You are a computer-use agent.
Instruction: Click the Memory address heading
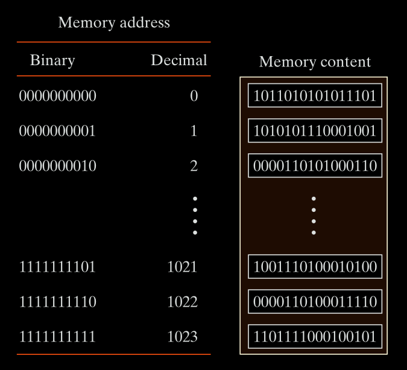(114, 24)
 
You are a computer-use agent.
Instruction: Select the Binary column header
(52, 60)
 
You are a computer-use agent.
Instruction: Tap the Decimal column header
(179, 60)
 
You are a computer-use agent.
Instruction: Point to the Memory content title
(315, 62)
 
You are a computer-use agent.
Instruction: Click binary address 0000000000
(57, 96)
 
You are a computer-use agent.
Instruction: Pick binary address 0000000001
(57, 131)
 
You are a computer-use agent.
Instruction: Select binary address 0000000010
(57, 166)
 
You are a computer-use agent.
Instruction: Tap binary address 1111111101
(57, 267)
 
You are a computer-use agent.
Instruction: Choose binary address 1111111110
(57, 302)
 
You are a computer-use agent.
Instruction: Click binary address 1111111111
(57, 337)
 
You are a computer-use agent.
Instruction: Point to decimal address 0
(194, 96)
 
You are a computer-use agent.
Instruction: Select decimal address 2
(194, 166)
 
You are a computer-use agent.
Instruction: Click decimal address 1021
(182, 267)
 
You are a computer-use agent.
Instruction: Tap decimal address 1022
(182, 302)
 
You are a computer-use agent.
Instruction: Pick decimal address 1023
(182, 337)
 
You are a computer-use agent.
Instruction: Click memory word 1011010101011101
(315, 96)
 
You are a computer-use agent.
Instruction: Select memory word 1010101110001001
(315, 131)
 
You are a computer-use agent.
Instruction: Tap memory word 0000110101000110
(315, 166)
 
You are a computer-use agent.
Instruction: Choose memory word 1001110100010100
(315, 267)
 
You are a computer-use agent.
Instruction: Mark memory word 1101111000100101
(315, 337)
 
